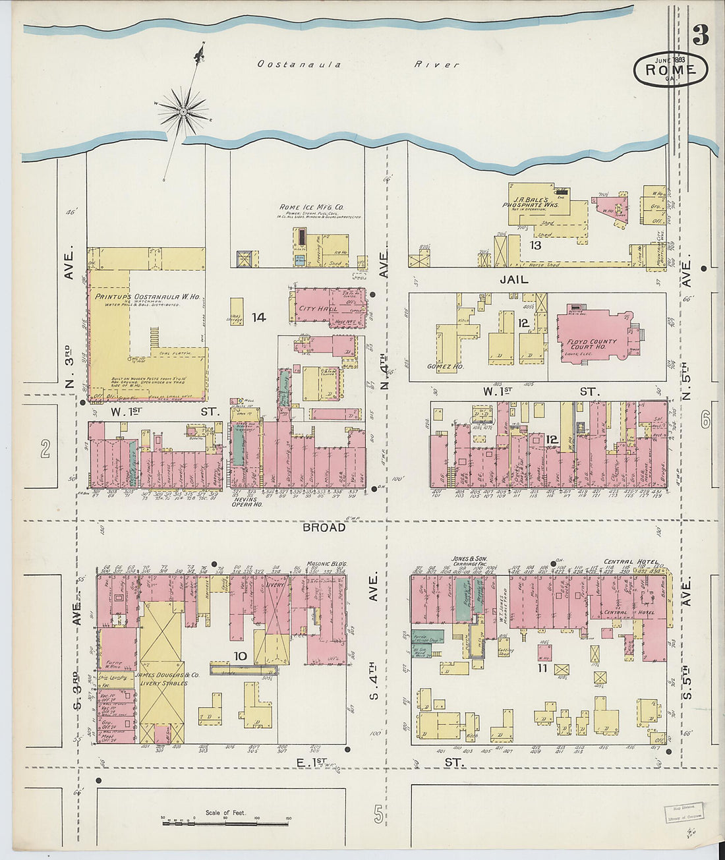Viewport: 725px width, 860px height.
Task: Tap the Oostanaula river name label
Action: click(300, 65)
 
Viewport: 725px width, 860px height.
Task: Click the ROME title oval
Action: click(670, 69)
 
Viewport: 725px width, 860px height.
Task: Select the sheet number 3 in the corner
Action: click(700, 36)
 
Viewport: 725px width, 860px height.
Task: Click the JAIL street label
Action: click(513, 279)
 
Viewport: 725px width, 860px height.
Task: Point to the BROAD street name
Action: click(324, 527)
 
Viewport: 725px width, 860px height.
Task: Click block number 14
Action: click(258, 318)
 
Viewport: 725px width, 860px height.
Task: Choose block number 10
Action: click(241, 656)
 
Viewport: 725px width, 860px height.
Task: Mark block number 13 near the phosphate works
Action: click(535, 245)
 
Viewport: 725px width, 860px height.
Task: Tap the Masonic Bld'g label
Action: click(327, 565)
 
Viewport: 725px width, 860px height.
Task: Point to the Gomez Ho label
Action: click(445, 366)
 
